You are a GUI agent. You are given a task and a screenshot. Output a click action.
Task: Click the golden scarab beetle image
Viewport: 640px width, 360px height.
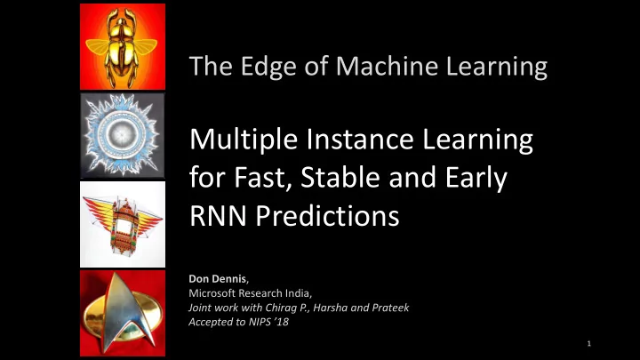123,46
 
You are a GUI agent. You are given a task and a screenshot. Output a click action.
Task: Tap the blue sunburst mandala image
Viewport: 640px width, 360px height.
123,135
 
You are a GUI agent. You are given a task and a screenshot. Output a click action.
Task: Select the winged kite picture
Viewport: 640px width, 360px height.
123,224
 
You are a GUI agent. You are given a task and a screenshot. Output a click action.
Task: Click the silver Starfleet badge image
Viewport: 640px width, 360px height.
123,313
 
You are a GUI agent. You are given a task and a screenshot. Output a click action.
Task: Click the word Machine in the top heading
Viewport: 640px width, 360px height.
387,66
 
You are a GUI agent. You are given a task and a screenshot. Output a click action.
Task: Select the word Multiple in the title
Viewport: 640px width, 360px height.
244,140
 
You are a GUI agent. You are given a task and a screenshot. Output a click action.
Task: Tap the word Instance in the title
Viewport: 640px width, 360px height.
360,140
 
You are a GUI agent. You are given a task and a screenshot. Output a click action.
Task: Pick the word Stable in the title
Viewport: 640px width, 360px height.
340,178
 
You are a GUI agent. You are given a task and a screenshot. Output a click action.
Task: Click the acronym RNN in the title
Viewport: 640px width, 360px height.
218,215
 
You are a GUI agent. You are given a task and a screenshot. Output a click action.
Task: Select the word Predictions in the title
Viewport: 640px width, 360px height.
327,215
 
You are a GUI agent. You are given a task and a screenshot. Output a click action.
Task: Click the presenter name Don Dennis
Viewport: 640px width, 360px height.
218,279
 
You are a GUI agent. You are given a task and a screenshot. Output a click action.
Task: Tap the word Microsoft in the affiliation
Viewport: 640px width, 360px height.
212,293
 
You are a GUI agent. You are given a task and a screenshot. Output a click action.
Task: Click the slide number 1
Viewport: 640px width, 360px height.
589,344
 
